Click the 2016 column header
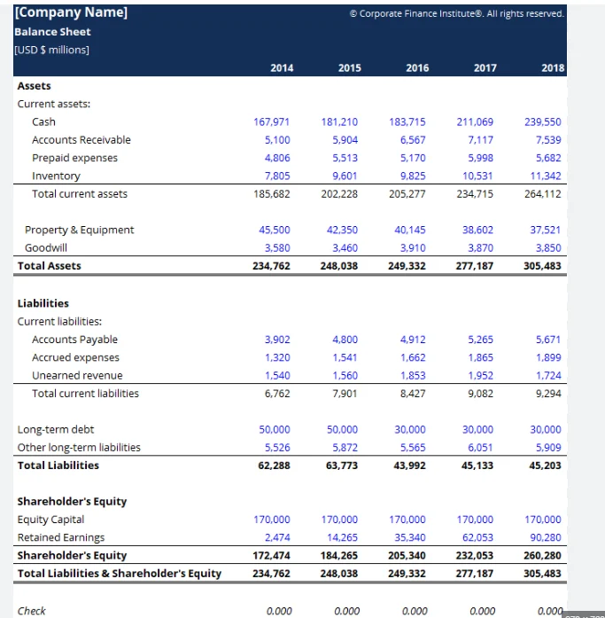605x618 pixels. pos(417,67)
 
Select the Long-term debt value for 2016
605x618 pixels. pos(411,429)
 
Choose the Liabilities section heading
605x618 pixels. pos(43,303)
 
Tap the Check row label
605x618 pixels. pos(32,610)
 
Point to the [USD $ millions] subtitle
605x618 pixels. pos(51,49)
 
